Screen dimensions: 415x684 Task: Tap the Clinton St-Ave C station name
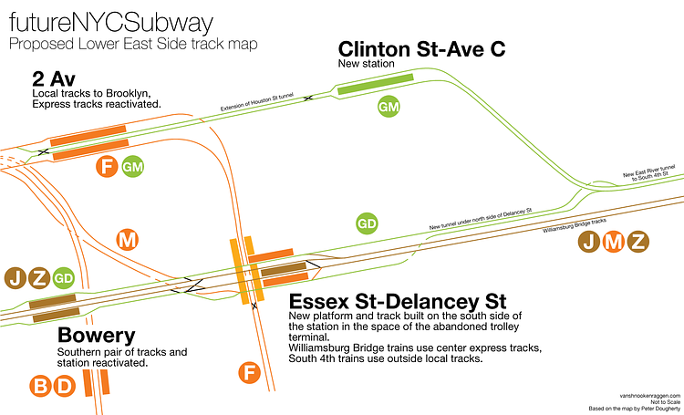pyautogui.click(x=422, y=49)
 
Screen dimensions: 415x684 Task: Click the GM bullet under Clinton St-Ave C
pyautogui.click(x=389, y=108)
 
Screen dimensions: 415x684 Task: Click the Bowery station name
pyautogui.click(x=96, y=335)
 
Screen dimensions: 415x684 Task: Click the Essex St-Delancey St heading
pyautogui.click(x=398, y=301)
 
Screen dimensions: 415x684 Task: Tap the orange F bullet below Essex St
pyautogui.click(x=248, y=372)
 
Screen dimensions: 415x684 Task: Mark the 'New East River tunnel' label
pyautogui.click(x=649, y=169)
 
